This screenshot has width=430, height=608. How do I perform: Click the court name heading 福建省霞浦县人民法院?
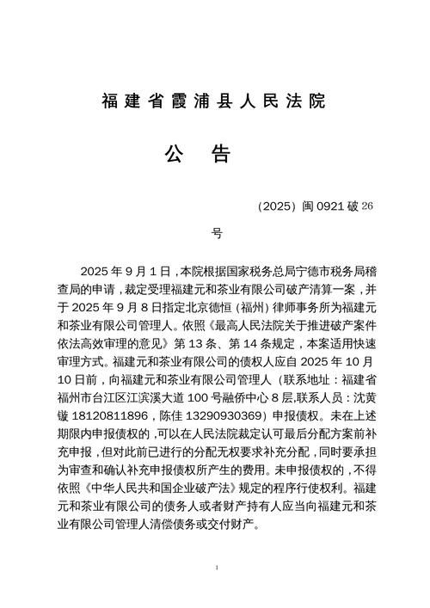click(214, 101)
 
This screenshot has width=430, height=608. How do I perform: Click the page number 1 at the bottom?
click(218, 568)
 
